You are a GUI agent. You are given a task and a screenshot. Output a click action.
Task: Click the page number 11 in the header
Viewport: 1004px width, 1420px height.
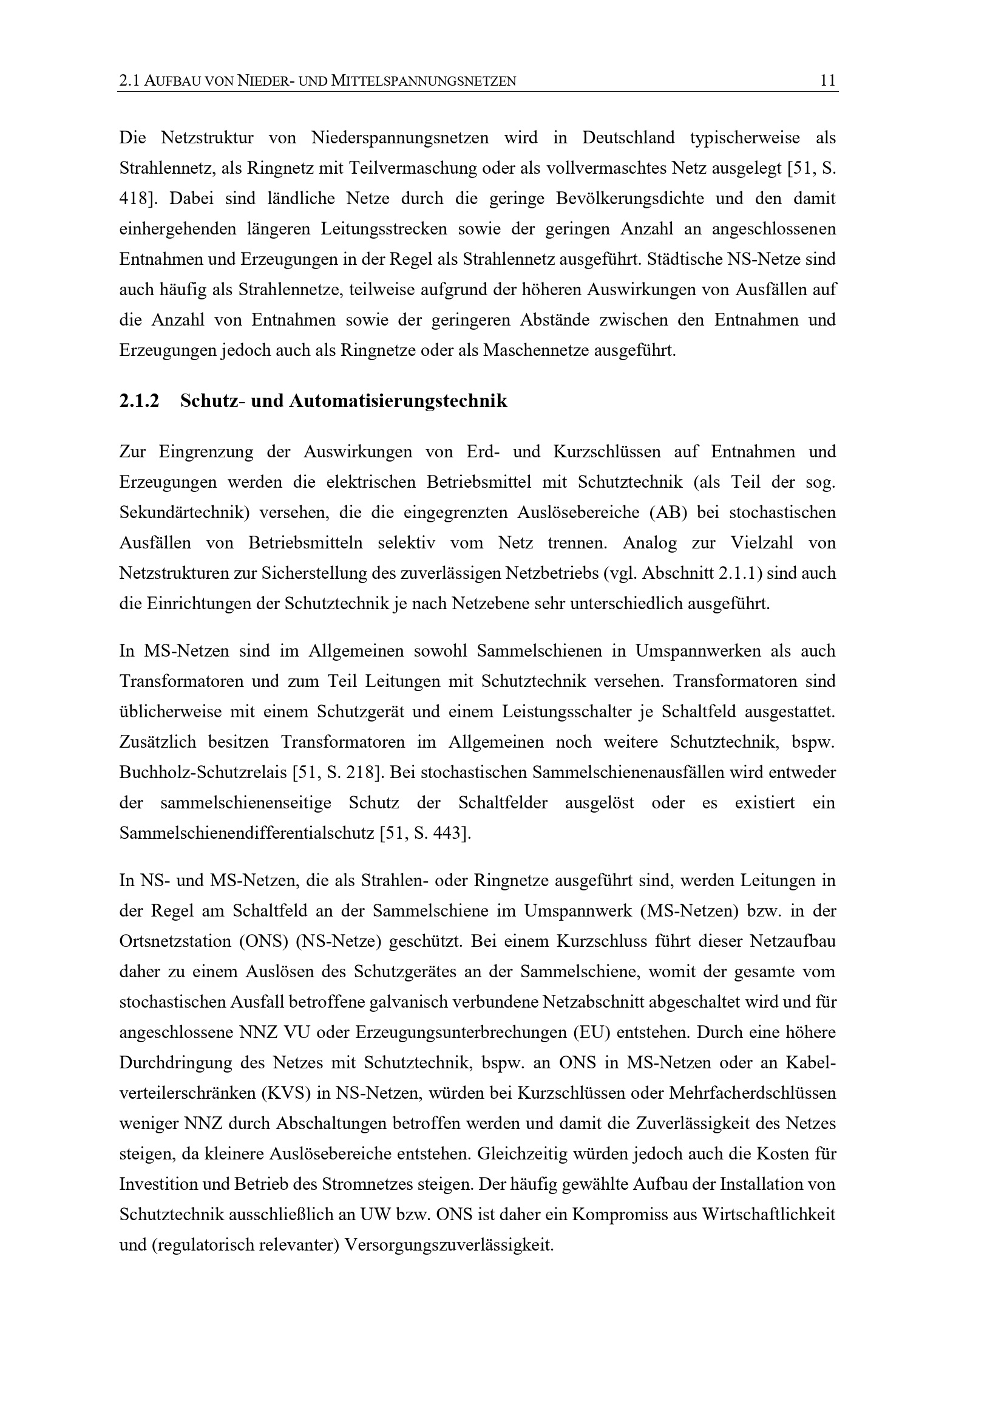[827, 80]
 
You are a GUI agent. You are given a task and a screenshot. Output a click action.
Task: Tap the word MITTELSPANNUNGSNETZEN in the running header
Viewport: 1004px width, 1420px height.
[424, 81]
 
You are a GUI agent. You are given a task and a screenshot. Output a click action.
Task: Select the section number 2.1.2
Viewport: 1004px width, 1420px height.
[139, 401]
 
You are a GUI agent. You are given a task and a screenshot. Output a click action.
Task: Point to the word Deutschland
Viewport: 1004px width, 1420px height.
[628, 137]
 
